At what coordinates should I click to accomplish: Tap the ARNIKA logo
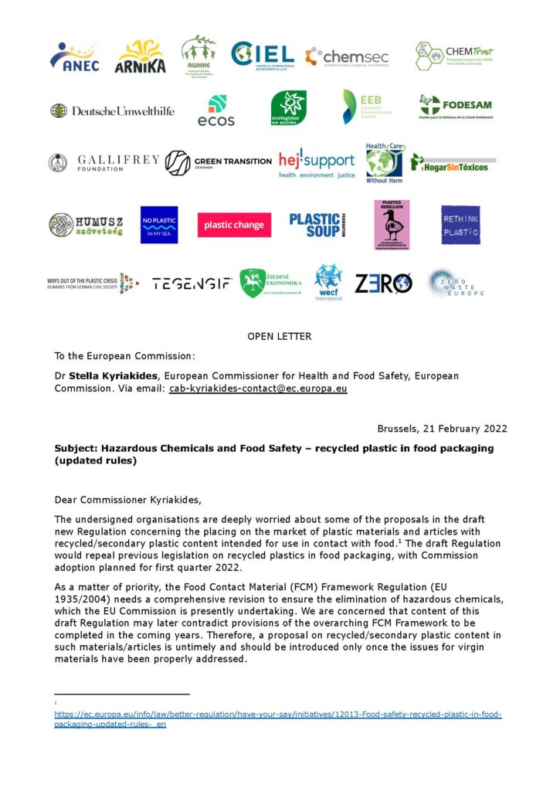pyautogui.click(x=140, y=56)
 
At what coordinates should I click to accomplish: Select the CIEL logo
pyautogui.click(x=263, y=55)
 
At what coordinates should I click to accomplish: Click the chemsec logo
pyautogui.click(x=347, y=56)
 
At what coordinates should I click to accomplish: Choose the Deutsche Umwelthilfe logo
pyautogui.click(x=113, y=110)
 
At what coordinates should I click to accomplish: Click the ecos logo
pyautogui.click(x=216, y=110)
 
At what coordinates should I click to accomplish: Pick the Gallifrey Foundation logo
pyautogui.click(x=104, y=162)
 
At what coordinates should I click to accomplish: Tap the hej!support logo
pyautogui.click(x=317, y=162)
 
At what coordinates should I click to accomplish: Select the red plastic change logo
pyautogui.click(x=233, y=225)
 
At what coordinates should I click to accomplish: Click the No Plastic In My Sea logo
pyautogui.click(x=159, y=225)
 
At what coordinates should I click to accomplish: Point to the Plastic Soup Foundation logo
pyautogui.click(x=318, y=225)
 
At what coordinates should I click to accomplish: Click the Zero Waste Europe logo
pyautogui.click(x=456, y=283)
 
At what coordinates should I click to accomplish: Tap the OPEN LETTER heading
pyautogui.click(x=280, y=336)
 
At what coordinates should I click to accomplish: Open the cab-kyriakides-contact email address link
pyautogui.click(x=258, y=389)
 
